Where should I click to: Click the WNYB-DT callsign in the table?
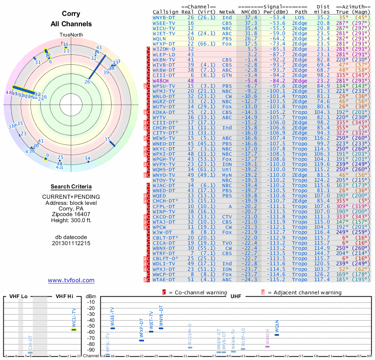click(x=164, y=17)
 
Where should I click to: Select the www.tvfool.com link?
click(x=71, y=280)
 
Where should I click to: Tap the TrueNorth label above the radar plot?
click(x=71, y=35)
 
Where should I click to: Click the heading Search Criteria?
click(x=71, y=187)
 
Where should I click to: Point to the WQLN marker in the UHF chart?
click(x=277, y=335)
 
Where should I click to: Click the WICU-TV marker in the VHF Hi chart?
click(x=74, y=330)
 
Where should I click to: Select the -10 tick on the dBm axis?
click(x=90, y=302)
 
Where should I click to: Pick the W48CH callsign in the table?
click(x=162, y=81)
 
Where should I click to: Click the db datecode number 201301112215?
click(x=71, y=244)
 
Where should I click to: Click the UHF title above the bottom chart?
click(x=236, y=296)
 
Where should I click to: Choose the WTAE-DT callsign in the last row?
click(x=164, y=279)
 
